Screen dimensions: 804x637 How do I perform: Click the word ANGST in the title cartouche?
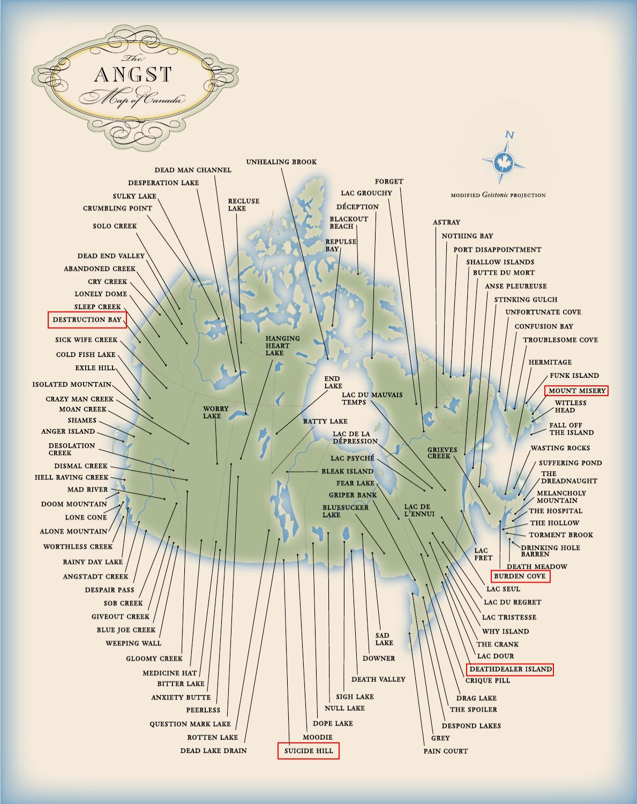[133, 75]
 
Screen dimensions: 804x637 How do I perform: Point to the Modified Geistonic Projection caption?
[498, 195]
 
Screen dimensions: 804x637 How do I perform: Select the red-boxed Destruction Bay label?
[87, 319]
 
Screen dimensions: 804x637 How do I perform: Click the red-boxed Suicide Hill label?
[309, 750]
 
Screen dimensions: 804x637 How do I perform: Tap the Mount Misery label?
[576, 391]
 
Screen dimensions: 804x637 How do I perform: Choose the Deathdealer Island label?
[509, 669]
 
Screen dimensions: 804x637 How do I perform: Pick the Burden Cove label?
[520, 576]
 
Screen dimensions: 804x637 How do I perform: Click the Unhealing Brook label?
[281, 162]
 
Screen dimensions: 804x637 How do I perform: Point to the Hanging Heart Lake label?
[282, 346]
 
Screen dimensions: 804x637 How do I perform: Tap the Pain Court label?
[445, 751]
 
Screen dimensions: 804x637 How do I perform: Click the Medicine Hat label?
[170, 673]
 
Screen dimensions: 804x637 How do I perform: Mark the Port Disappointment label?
[497, 249]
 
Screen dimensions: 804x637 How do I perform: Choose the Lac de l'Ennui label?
[417, 510]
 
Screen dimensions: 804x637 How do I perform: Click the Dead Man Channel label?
[193, 170]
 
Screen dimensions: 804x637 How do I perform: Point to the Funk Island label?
[574, 376]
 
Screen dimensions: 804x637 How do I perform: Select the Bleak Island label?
[347, 471]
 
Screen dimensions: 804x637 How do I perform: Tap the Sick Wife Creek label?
[86, 340]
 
